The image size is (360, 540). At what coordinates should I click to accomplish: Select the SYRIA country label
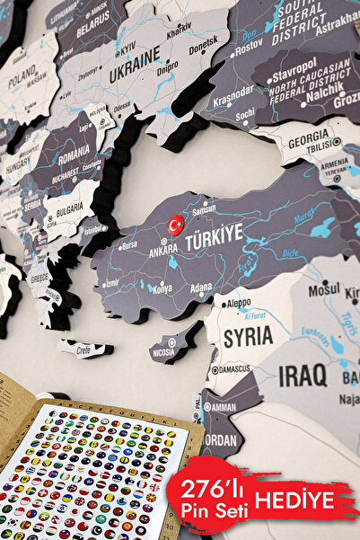pos(247,337)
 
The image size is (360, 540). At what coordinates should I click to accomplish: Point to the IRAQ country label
pos(303,376)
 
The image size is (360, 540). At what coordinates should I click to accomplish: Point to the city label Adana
pos(201,288)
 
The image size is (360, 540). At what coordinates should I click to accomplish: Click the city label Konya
pos(162,289)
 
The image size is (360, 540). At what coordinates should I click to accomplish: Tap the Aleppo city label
pos(238,305)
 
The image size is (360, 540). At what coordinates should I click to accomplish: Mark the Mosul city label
pos(324,290)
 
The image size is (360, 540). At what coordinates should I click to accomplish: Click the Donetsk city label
pos(202,41)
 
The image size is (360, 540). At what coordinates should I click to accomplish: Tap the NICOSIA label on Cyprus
pos(163,352)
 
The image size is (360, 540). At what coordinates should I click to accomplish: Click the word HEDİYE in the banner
pos(304,500)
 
